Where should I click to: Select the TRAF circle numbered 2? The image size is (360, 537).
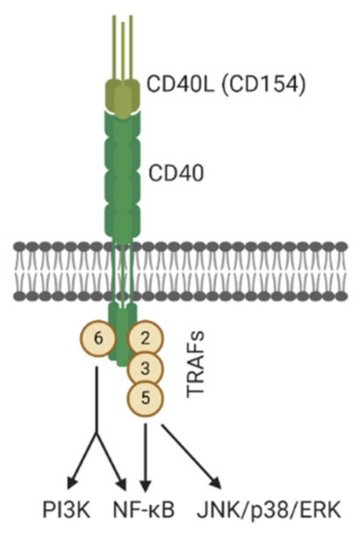point(145,339)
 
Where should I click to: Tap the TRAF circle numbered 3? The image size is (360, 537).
point(145,368)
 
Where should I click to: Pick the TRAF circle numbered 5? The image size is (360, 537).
point(145,396)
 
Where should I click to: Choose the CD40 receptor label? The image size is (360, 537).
point(176,174)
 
